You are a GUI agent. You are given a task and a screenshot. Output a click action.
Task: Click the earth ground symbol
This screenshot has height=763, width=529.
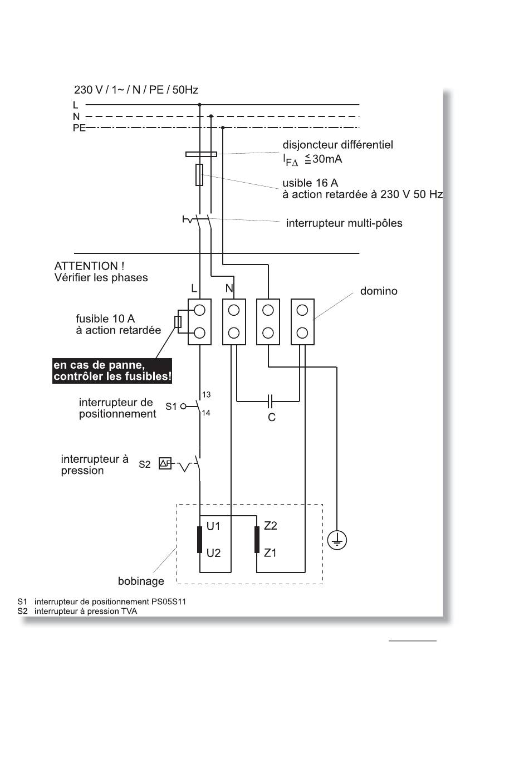[337, 540]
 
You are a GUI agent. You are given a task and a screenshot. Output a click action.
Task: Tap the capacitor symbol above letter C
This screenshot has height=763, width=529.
[270, 401]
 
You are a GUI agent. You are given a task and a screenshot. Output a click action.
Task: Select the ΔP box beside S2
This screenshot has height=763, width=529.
[165, 463]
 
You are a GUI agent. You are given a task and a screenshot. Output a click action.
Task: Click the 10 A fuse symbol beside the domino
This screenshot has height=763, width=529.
[178, 321]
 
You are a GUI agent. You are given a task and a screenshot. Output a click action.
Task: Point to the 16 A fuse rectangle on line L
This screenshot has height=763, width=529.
[199, 175]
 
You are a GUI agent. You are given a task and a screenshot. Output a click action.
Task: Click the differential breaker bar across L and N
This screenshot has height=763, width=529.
[201, 154]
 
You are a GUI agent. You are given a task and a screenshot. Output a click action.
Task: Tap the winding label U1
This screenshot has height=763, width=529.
[214, 526]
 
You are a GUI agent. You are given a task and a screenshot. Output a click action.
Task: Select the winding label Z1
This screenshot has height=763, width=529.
[270, 552]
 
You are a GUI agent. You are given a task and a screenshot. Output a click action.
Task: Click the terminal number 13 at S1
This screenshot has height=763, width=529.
[206, 394]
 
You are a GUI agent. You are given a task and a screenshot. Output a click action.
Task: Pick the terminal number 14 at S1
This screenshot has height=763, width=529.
[206, 413]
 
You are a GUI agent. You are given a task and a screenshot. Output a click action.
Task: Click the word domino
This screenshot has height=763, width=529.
[379, 291]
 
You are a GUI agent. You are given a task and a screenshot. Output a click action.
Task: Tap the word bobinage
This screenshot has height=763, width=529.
[141, 581]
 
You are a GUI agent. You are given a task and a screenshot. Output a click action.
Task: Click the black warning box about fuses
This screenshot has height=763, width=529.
[112, 370]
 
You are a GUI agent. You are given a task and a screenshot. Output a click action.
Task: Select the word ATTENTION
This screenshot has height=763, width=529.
[86, 266]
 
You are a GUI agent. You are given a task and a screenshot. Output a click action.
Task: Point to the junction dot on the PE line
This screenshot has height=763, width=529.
[223, 128]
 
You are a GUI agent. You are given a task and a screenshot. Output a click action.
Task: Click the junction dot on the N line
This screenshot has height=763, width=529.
[211, 116]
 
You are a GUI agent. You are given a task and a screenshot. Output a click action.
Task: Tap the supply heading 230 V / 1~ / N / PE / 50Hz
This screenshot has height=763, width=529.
[136, 90]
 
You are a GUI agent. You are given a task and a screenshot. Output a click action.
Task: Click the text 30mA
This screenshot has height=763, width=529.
[327, 159]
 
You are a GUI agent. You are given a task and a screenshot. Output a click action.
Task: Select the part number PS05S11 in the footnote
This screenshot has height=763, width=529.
[169, 601]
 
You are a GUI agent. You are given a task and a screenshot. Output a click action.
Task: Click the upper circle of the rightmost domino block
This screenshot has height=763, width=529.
[302, 310]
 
